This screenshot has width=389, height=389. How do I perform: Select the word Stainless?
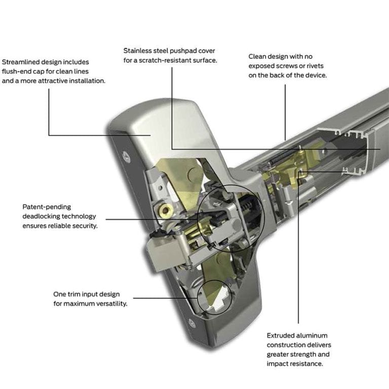tap(139, 51)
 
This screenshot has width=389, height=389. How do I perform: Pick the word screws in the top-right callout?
tap(284, 66)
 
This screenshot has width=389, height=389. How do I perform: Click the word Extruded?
tap(282, 335)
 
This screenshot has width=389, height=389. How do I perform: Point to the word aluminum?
tap(313, 335)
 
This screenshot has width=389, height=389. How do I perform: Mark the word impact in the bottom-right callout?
tap(278, 364)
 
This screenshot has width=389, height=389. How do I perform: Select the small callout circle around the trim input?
tap(214, 297)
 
